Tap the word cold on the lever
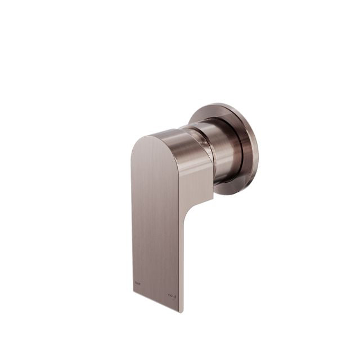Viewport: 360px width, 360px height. coord(172,295)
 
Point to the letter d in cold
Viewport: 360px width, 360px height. coord(175,295)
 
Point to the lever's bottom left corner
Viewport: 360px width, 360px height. coord(133,292)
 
